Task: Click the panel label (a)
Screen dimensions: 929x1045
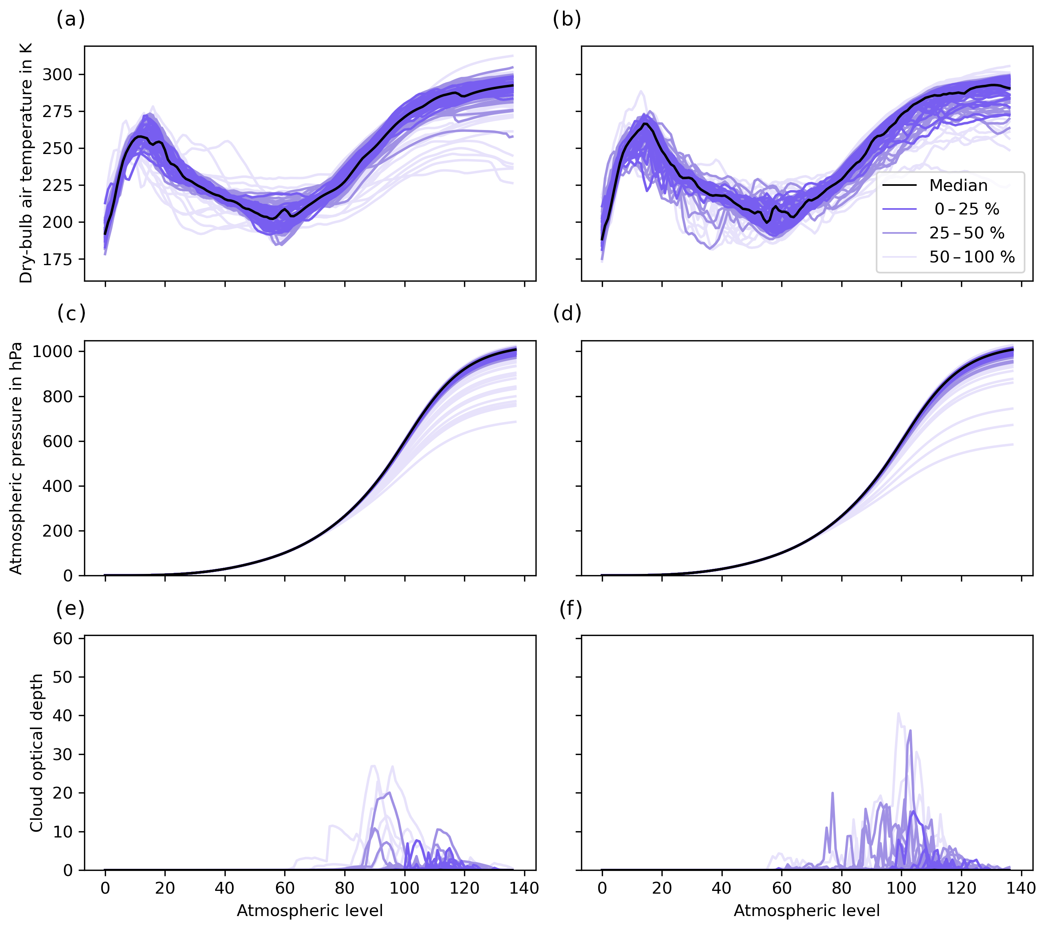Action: click(71, 19)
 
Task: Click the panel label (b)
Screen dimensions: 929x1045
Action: click(567, 19)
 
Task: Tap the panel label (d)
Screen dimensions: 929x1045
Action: click(567, 313)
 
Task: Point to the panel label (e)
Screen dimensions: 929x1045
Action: click(71, 609)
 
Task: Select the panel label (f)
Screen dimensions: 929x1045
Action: click(570, 609)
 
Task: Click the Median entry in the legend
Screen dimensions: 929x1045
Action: click(958, 185)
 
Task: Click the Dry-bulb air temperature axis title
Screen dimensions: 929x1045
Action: click(26, 163)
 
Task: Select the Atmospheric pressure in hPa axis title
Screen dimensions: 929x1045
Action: click(16, 458)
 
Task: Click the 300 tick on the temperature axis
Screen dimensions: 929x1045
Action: click(57, 75)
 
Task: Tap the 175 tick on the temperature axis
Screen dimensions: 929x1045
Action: click(57, 259)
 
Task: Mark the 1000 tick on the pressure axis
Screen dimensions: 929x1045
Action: click(52, 352)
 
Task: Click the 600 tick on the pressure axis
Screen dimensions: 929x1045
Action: click(57, 442)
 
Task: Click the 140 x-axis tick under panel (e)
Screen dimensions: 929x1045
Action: click(524, 888)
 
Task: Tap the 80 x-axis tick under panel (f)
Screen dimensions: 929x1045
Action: click(842, 888)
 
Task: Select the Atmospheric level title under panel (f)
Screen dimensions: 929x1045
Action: click(807, 911)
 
